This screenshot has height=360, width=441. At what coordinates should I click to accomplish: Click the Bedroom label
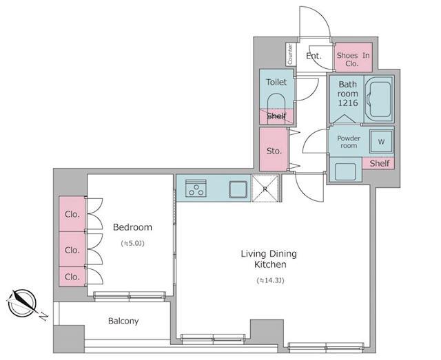132,227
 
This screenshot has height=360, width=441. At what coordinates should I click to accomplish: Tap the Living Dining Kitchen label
269,259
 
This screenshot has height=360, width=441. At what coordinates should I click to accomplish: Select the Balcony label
123,321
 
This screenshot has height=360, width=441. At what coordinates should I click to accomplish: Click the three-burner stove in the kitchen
196,188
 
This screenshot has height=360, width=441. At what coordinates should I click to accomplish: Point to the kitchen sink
238,189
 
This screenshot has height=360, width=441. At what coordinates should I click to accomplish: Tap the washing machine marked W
381,142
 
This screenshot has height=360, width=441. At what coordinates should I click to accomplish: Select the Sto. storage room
274,149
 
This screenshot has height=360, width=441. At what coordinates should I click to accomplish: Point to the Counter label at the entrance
290,54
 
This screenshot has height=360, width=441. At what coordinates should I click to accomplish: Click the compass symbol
22,304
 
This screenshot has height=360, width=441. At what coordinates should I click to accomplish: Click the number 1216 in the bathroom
348,103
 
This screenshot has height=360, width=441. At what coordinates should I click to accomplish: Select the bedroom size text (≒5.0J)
133,244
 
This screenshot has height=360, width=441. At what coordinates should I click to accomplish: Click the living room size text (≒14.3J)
270,280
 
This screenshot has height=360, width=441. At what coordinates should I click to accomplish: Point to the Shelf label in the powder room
380,163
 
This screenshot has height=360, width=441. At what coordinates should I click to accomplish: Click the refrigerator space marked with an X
265,189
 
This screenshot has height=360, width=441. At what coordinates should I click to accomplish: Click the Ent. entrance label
314,56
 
